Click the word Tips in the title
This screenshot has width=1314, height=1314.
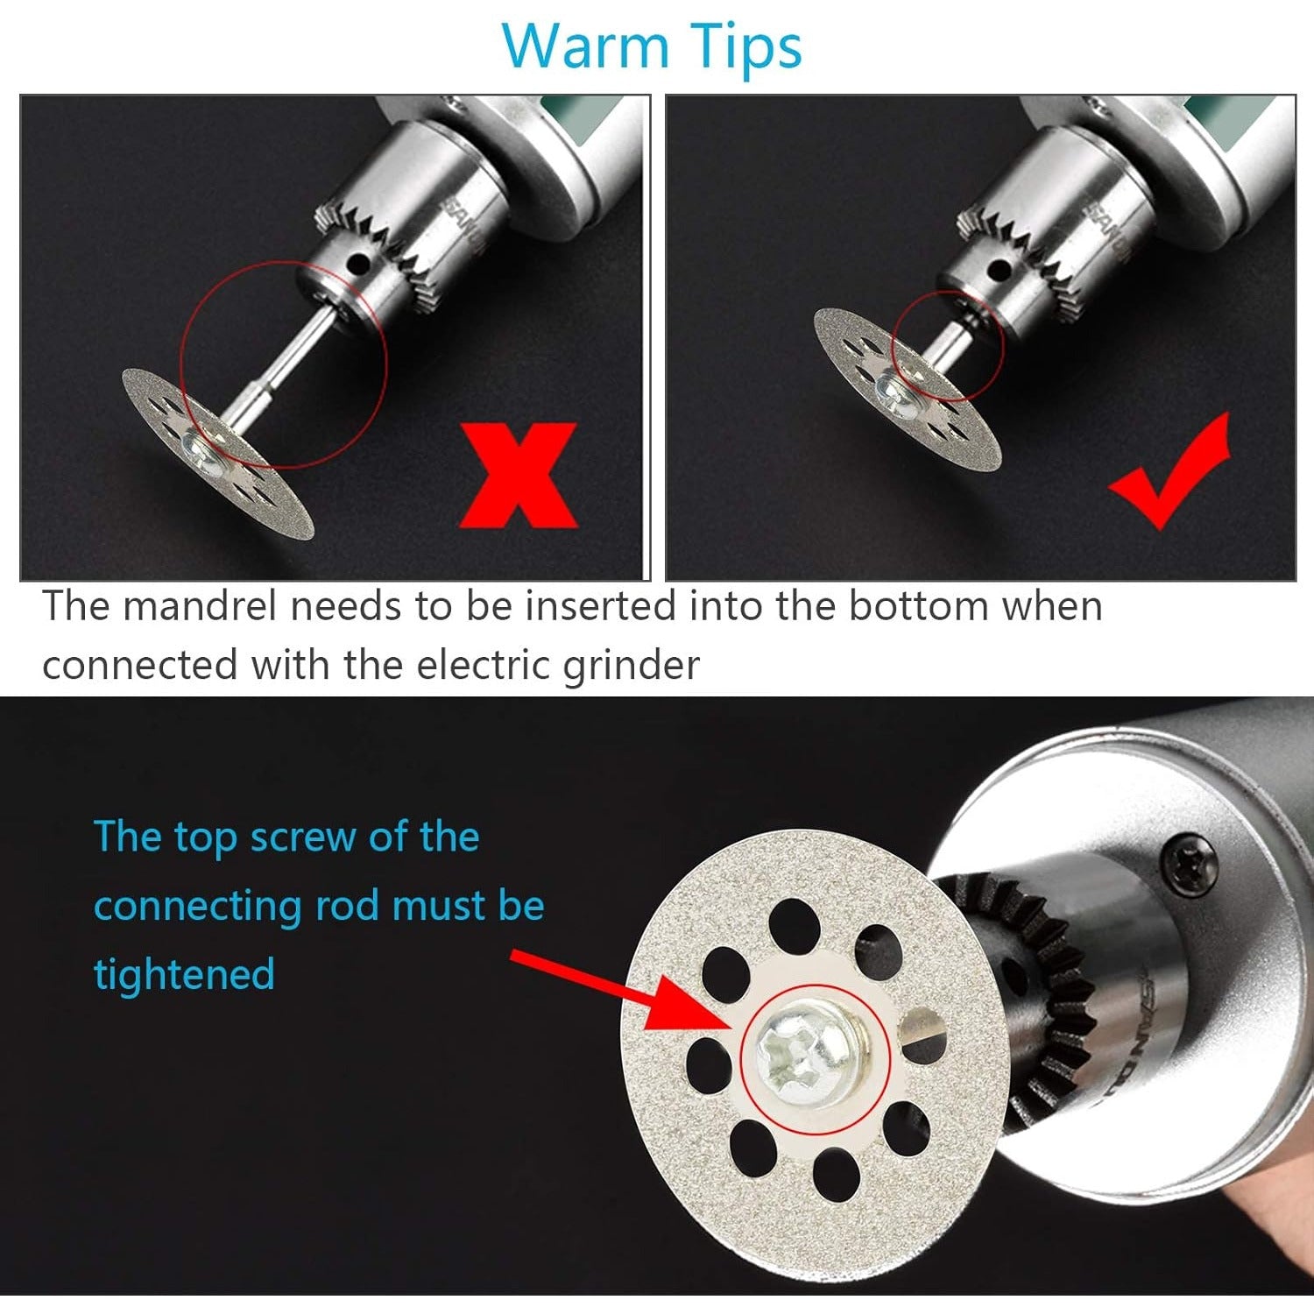coord(745,48)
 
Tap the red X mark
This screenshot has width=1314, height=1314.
coord(519,474)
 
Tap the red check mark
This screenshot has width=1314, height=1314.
coord(1169,471)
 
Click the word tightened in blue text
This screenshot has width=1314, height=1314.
coord(184,975)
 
